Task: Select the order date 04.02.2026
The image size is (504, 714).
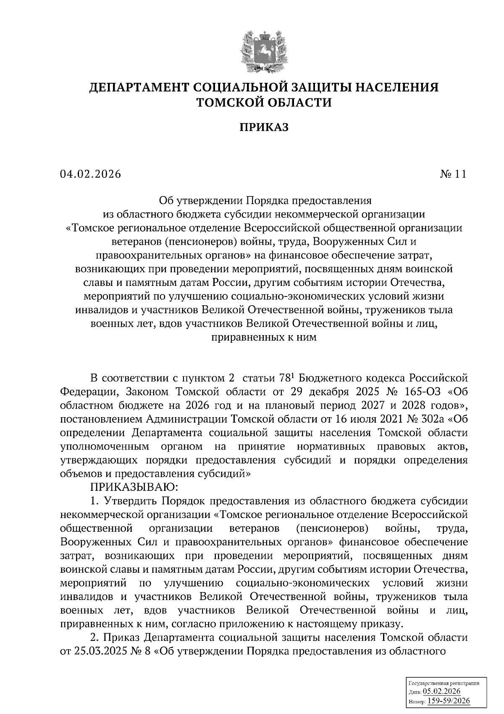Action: (x=90, y=174)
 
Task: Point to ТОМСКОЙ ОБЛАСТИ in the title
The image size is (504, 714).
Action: (x=264, y=102)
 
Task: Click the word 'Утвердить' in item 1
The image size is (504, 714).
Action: (x=131, y=501)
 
